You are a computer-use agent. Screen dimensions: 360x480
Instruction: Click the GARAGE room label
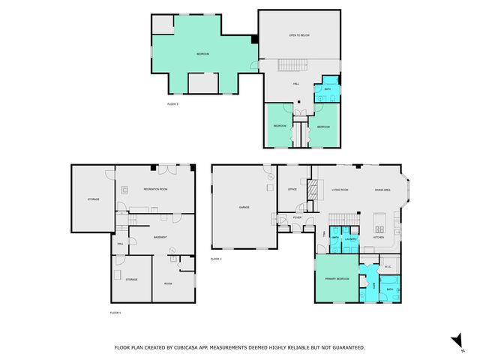[244, 207]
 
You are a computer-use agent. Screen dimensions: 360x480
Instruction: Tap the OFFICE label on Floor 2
[292, 190]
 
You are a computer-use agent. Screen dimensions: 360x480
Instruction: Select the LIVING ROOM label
[340, 190]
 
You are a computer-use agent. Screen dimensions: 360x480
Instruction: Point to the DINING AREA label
[383, 190]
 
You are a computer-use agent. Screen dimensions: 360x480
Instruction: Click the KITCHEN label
[379, 238]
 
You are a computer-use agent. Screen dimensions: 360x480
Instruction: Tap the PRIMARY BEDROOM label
[336, 278]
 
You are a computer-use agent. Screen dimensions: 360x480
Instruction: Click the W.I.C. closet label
[388, 266]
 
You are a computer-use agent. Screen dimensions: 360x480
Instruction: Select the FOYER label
[297, 218]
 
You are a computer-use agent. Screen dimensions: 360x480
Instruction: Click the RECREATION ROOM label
[156, 190]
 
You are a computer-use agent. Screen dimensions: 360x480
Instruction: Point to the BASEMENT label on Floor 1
[160, 237]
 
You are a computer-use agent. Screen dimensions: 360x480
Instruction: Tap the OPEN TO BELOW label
[299, 35]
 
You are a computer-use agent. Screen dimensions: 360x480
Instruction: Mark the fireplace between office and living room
[316, 188]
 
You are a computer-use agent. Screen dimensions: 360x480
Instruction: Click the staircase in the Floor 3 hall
[286, 66]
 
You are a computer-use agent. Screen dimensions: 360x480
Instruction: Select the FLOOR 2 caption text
[217, 259]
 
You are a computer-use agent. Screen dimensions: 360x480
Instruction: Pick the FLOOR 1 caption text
[115, 311]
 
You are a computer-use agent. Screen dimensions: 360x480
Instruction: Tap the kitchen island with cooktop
[378, 222]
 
